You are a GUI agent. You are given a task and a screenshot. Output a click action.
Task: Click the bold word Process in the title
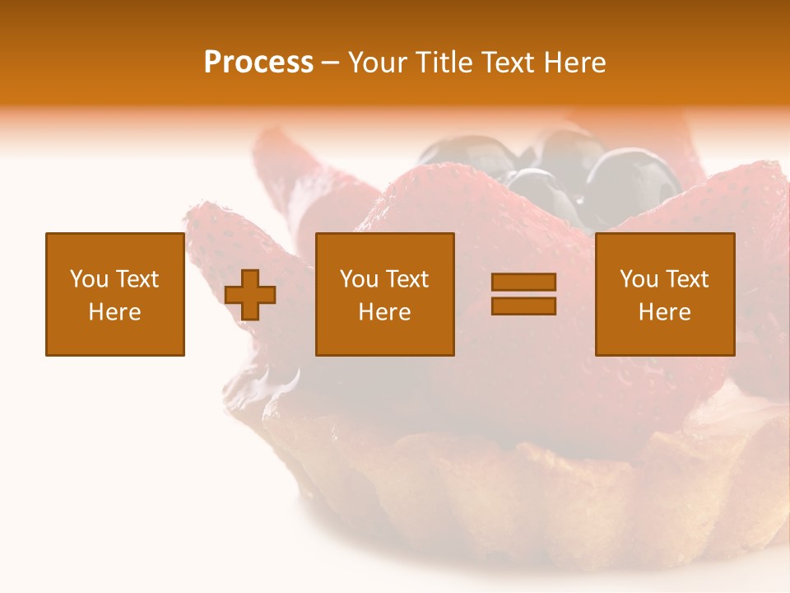(258, 63)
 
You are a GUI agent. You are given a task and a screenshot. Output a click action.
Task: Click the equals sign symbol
(523, 294)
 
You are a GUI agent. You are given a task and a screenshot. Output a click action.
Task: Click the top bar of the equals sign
(523, 282)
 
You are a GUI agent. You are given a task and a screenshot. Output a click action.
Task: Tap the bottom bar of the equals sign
(523, 306)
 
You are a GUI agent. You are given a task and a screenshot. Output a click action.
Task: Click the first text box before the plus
(115, 295)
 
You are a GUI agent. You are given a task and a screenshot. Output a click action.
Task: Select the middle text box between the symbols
(385, 295)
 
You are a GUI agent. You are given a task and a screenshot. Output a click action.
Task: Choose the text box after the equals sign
(665, 295)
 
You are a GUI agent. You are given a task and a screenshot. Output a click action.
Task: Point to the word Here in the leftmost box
(115, 312)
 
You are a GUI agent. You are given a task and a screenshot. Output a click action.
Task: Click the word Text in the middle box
(407, 279)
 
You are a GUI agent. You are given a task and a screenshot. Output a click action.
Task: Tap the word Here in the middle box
(385, 312)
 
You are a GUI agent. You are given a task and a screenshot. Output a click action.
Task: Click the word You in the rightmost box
(639, 279)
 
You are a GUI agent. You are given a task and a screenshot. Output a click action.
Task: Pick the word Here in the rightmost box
(665, 312)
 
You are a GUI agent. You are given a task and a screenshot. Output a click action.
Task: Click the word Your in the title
(379, 63)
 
